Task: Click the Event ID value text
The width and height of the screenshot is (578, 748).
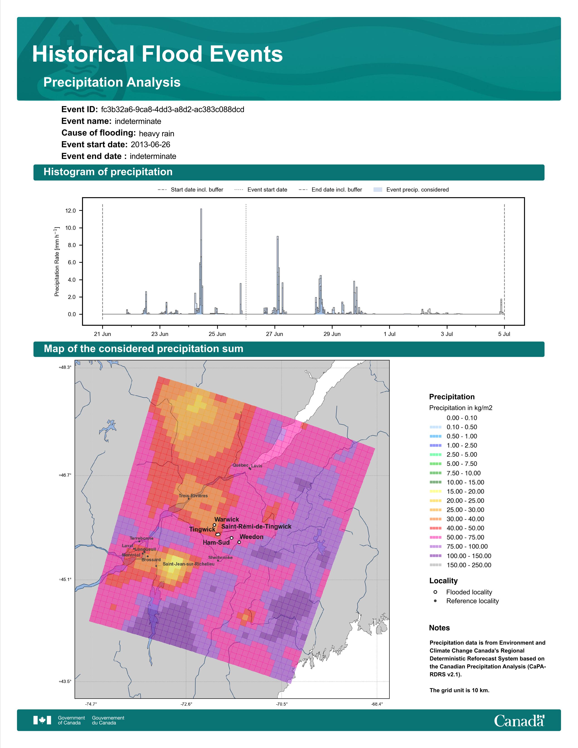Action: (x=172, y=110)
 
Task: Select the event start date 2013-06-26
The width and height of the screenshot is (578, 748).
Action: (x=150, y=145)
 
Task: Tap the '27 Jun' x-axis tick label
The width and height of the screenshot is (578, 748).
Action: (x=275, y=334)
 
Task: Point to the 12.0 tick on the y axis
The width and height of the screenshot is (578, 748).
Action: (x=70, y=211)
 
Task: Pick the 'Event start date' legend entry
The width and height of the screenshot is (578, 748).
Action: (x=261, y=190)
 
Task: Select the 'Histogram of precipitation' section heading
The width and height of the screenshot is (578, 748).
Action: (x=108, y=172)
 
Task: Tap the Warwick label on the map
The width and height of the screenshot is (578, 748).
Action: (x=227, y=519)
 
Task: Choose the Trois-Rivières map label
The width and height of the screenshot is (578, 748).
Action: (x=193, y=495)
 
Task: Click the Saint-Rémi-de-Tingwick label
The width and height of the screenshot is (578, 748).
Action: (x=256, y=526)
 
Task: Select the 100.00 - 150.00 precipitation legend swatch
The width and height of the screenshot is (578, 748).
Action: (x=435, y=556)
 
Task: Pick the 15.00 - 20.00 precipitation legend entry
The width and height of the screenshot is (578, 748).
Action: (x=457, y=491)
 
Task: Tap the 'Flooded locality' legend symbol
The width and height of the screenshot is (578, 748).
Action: (x=435, y=592)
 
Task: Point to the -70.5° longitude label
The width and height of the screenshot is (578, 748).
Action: (x=282, y=702)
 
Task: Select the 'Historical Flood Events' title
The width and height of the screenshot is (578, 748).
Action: (x=158, y=54)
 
